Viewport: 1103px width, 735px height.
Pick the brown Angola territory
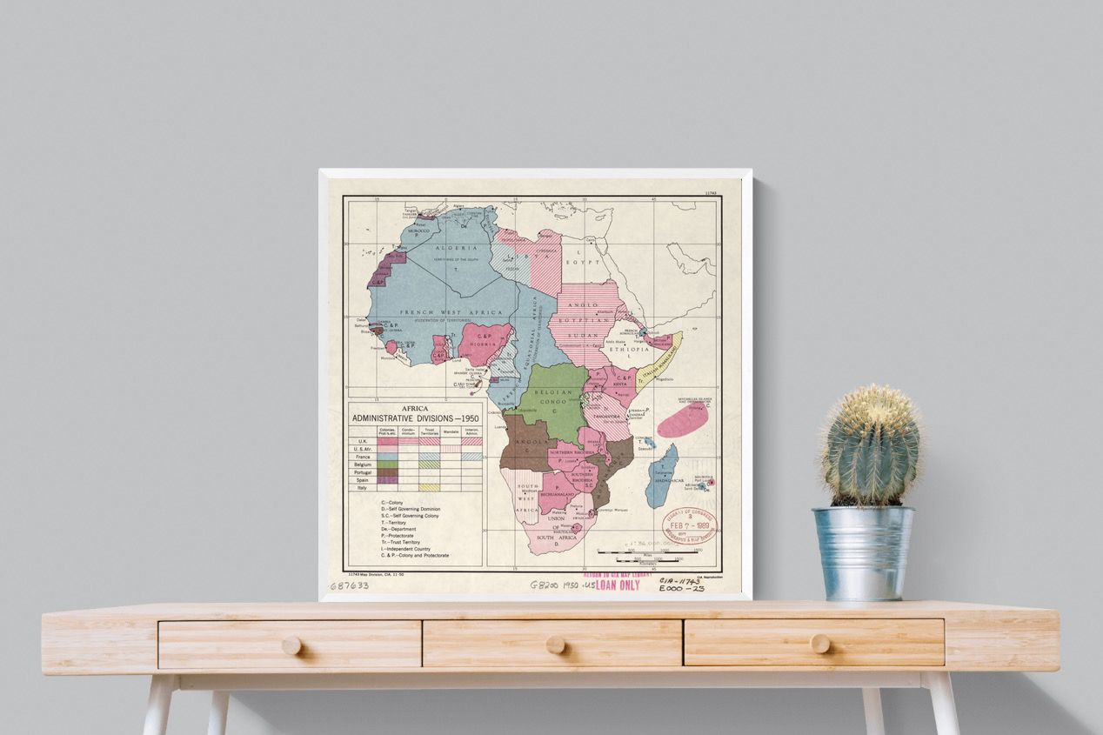coord(526,444)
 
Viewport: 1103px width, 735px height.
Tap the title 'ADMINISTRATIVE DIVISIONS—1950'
coord(415,418)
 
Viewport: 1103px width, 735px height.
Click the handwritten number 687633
coord(349,585)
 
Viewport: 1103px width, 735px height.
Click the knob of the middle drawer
coord(555,645)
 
